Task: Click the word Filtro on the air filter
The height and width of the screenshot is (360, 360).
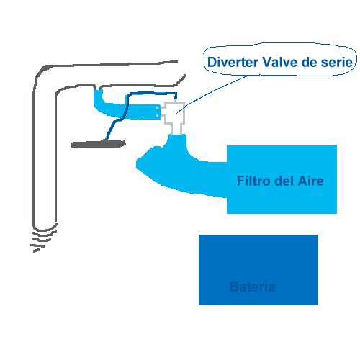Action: coord(253,181)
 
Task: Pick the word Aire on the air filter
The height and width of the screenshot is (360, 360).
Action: coord(311,181)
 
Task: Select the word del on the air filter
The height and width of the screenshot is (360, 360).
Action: coord(284,181)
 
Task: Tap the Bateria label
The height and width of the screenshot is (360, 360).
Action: coord(252,287)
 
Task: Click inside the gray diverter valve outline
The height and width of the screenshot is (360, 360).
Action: coord(175,113)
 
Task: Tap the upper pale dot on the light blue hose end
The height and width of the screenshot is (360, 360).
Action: coord(157,107)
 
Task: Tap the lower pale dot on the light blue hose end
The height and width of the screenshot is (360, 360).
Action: coord(157,116)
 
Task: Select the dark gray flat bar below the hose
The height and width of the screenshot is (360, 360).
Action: coord(98,144)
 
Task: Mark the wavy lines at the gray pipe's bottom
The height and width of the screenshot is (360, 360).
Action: coord(43,238)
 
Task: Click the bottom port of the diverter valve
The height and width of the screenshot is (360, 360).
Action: coord(176,130)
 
